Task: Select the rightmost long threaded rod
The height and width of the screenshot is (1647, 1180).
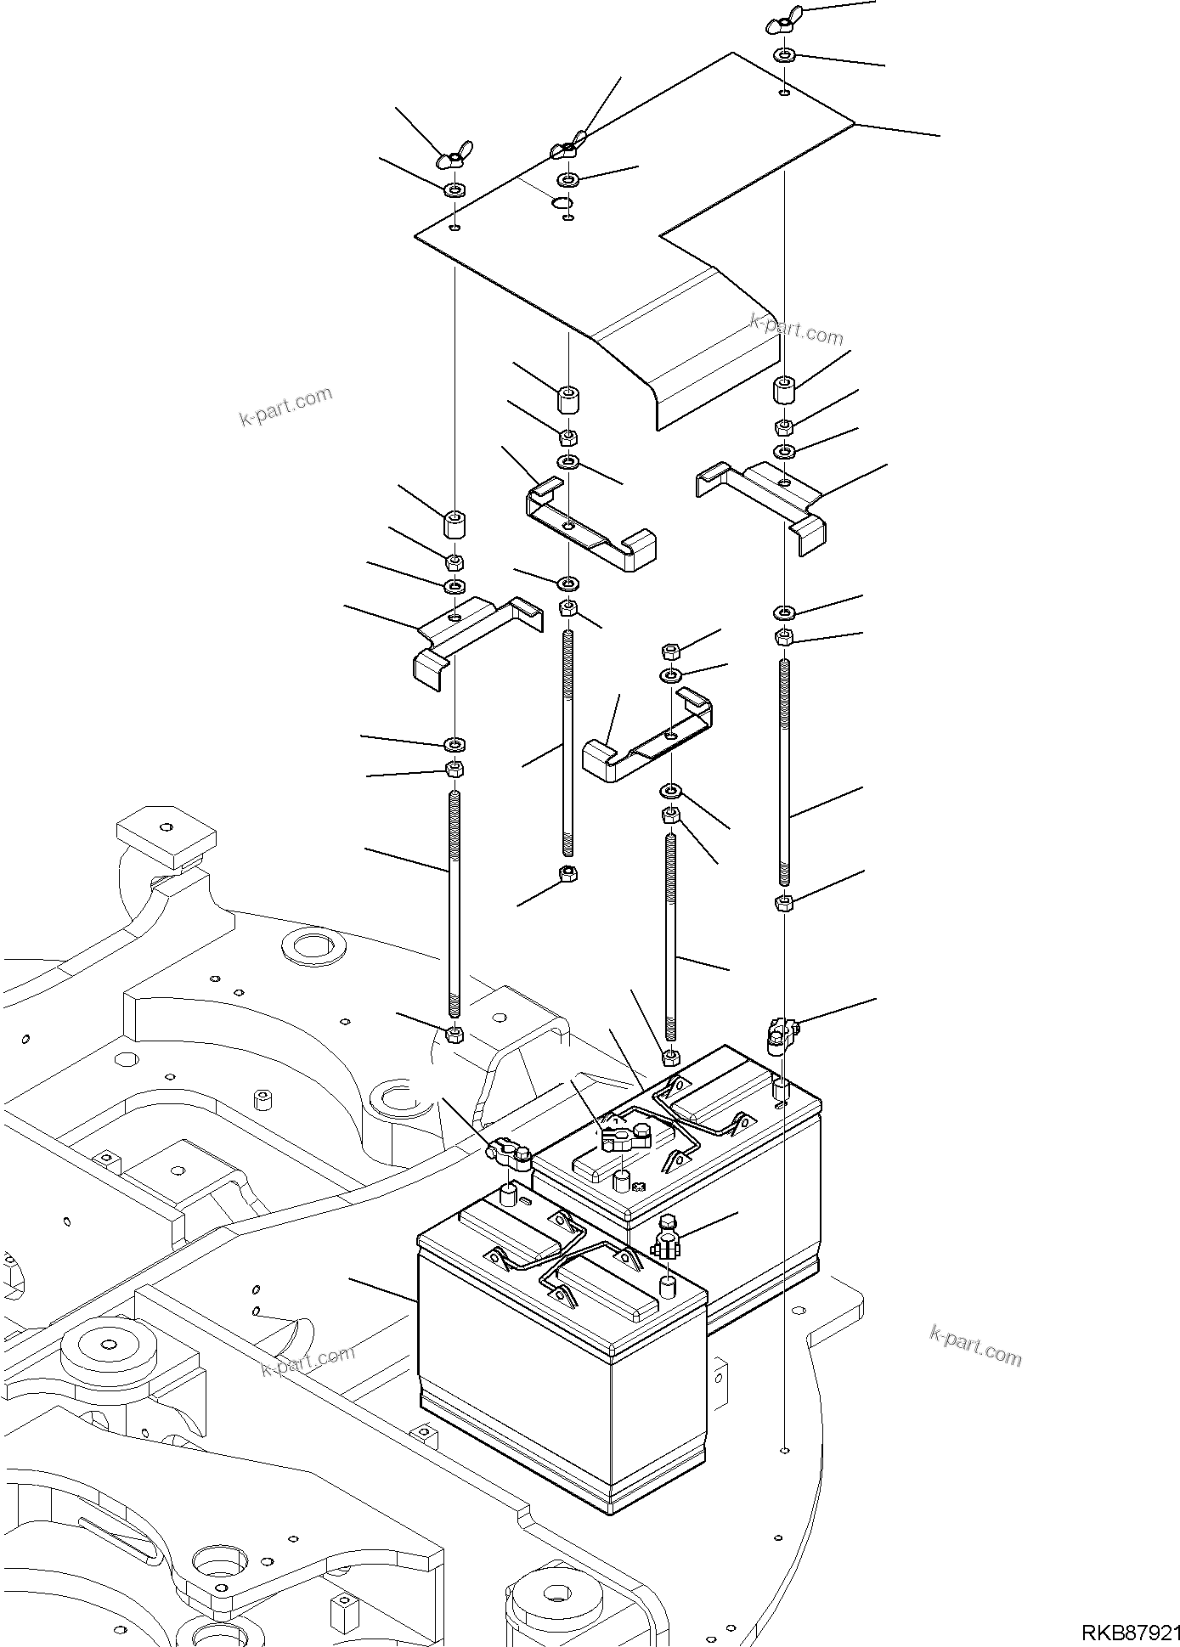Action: [x=784, y=773]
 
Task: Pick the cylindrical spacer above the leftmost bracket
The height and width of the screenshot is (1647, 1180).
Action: [x=456, y=525]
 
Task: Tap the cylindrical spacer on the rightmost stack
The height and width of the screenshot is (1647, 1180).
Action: [x=783, y=392]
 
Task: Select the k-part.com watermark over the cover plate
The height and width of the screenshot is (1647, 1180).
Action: [x=796, y=330]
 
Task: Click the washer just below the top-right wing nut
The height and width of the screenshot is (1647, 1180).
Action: [x=784, y=56]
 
